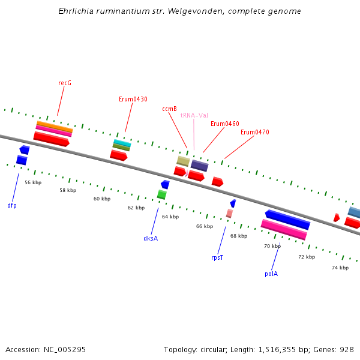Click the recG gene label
[65, 83]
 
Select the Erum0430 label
[133, 99]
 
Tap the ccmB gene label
[169, 109]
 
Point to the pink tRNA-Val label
[194, 115]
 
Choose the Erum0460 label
[224, 124]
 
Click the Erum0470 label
[254, 132]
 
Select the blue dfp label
[12, 205]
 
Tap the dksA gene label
[151, 238]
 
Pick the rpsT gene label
[217, 257]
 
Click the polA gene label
[271, 274]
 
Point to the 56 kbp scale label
[33, 182]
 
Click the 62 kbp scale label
[136, 208]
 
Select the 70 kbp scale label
[272, 246]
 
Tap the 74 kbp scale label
[340, 268]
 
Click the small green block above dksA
[161, 194]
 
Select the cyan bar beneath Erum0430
[122, 143]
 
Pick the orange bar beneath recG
[55, 126]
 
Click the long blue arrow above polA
[287, 220]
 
